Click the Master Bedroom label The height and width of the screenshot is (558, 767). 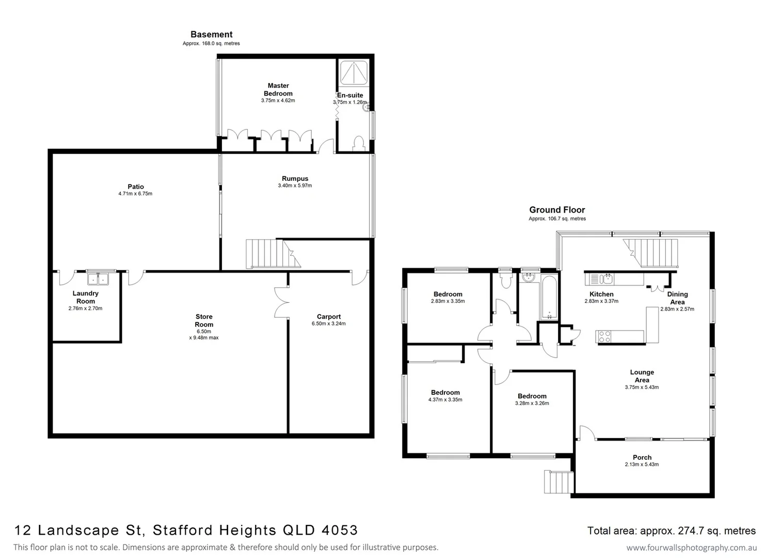click(x=278, y=89)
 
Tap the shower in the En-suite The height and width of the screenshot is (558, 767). click(x=354, y=72)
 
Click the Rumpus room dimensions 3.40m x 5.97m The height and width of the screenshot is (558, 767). click(x=295, y=185)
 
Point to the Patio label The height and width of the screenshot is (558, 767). click(x=136, y=187)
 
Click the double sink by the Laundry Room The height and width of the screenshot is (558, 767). click(x=98, y=279)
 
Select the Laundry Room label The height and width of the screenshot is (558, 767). click(x=86, y=297)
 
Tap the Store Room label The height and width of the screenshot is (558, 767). click(x=204, y=320)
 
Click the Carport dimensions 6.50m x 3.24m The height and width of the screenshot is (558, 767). click(x=329, y=324)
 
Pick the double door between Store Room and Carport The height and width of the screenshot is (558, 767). click(x=282, y=302)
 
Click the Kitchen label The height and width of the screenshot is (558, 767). click(x=601, y=294)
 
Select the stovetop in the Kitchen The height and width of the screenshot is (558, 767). click(x=604, y=337)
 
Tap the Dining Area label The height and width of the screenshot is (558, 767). click(x=677, y=298)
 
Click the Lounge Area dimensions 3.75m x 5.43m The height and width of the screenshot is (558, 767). click(x=642, y=387)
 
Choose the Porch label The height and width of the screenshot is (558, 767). click(x=642, y=457)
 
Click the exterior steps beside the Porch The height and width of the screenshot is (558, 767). click(x=558, y=482)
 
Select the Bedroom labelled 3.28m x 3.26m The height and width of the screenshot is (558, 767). click(x=532, y=396)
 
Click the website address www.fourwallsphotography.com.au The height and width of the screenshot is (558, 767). click(x=692, y=548)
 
